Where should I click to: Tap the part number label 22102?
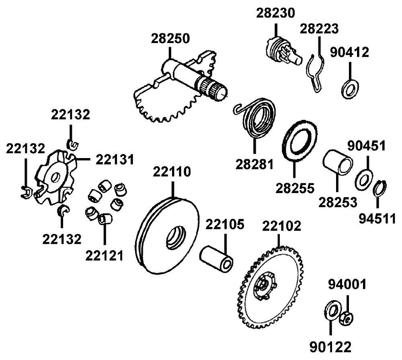coord(281,226)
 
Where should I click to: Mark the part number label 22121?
coord(104,256)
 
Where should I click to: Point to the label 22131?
coord(114,160)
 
